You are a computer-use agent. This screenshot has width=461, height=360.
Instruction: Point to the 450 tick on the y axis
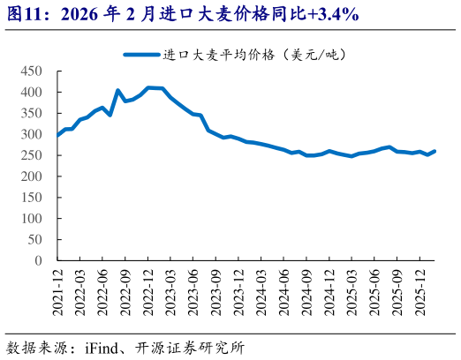31,71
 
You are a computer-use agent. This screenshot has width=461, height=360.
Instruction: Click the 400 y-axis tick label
31,92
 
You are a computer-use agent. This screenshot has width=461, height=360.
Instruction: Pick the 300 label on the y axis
31,134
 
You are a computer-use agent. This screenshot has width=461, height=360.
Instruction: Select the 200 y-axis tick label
31,176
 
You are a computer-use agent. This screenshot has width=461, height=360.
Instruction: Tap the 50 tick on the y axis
34,240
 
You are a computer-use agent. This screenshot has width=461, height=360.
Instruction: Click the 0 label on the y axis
38,261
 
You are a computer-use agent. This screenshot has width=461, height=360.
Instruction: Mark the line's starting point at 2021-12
57,136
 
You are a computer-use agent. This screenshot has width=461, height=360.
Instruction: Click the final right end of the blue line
435,151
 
